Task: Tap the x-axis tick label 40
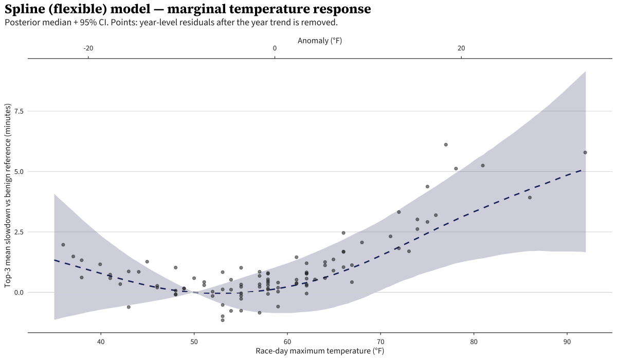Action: click(x=101, y=341)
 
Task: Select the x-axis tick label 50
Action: click(x=194, y=341)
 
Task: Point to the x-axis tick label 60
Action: click(x=287, y=341)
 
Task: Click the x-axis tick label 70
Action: click(x=380, y=341)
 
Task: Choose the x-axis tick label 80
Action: click(x=474, y=341)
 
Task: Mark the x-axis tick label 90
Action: click(x=567, y=341)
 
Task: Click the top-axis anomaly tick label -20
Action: click(x=88, y=48)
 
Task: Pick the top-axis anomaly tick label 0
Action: click(x=275, y=48)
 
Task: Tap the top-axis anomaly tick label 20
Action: click(x=462, y=48)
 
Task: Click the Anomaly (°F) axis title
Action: click(x=319, y=40)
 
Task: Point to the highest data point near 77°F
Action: click(x=446, y=145)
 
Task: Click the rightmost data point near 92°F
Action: click(x=585, y=152)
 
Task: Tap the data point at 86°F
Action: click(x=530, y=197)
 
